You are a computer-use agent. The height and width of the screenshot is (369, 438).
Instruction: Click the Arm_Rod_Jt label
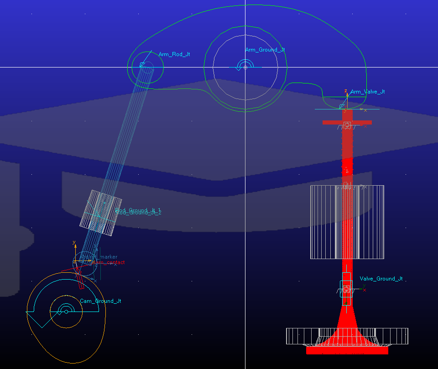pos(174,54)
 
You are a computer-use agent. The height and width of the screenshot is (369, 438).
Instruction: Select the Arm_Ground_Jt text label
pos(265,50)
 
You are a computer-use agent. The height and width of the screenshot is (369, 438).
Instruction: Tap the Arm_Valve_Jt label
pos(367,92)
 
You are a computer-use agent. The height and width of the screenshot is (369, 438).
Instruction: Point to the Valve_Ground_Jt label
pos(381,279)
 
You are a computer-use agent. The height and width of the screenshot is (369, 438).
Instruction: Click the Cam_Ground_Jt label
pos(100,301)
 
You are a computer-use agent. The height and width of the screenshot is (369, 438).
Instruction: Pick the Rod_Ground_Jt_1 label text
pos(138,210)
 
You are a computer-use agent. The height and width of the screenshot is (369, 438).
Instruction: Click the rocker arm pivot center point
pos(245,67)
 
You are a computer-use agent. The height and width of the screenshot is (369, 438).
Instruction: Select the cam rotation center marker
pos(66,312)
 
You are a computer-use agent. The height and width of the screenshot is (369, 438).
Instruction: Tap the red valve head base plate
pos(347,351)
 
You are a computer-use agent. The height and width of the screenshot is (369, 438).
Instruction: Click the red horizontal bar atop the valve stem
pos(347,122)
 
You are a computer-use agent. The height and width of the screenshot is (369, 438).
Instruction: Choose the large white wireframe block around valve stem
pos(324,222)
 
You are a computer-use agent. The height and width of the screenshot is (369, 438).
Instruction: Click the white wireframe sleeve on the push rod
pos(101,213)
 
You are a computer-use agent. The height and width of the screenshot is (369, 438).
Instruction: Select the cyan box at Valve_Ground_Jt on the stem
pos(346,289)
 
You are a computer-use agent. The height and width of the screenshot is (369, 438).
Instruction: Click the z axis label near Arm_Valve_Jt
pos(346,91)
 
